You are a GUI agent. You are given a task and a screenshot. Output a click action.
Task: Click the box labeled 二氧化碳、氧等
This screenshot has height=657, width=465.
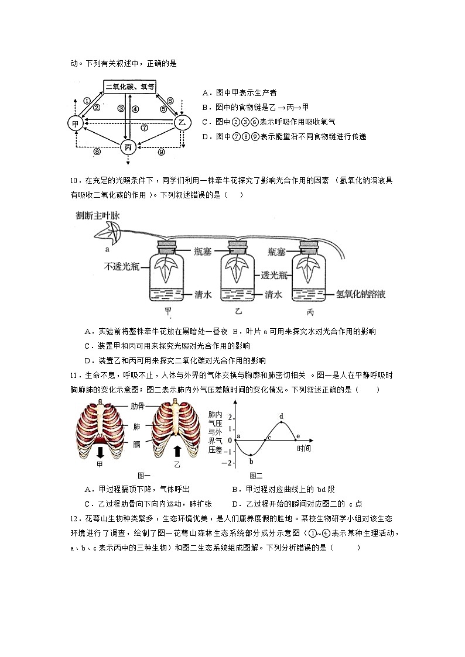(x=131, y=87)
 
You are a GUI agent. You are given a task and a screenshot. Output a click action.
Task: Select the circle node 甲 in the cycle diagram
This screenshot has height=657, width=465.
(x=75, y=123)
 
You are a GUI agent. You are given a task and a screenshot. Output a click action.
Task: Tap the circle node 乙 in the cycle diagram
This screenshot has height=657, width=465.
(x=182, y=123)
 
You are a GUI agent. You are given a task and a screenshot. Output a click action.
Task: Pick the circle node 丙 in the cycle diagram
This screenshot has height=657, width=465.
(x=128, y=147)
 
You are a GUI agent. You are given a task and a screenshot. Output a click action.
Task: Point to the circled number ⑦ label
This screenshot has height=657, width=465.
(x=144, y=128)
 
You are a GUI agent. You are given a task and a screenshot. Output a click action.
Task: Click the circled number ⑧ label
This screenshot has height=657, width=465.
(x=98, y=152)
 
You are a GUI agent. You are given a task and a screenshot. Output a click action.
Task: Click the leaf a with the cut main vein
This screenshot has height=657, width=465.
(x=110, y=233)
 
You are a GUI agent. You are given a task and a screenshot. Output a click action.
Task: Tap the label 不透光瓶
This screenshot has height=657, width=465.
(x=121, y=267)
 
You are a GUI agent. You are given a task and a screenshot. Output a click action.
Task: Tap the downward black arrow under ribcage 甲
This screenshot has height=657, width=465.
(x=100, y=452)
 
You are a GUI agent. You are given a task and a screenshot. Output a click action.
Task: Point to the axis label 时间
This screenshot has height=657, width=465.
(x=303, y=449)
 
